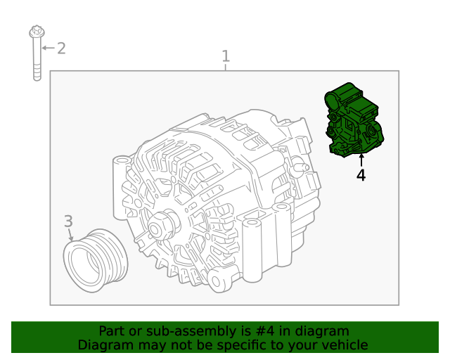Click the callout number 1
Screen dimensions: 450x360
(226, 56)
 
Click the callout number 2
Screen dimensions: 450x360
(61, 49)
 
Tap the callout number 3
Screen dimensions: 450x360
(68, 221)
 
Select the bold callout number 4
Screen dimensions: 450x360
(361, 175)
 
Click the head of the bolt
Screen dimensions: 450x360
(37, 32)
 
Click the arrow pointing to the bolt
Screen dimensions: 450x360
(49, 48)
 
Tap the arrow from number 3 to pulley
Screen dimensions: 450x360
(70, 235)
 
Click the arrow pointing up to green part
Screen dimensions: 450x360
(361, 160)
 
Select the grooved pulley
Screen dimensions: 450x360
(96, 260)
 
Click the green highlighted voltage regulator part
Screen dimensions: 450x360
(354, 120)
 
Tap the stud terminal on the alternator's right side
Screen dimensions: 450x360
(300, 167)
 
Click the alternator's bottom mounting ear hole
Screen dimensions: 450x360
(216, 282)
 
